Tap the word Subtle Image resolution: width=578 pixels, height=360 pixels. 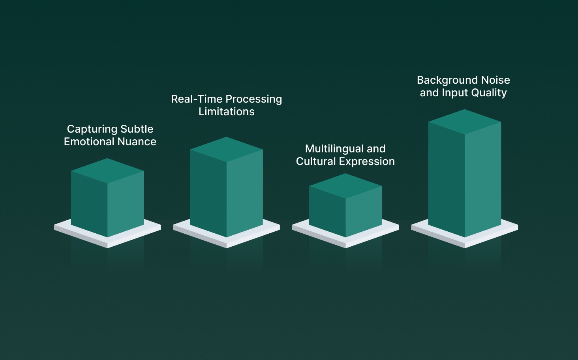[137, 129]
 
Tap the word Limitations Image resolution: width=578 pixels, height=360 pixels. [227, 112]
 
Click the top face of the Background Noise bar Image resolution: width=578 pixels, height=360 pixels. [465, 122]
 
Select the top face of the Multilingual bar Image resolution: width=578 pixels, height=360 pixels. [345, 186]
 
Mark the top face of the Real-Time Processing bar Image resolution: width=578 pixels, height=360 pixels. [226, 149]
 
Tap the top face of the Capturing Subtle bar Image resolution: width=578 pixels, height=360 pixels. [107, 171]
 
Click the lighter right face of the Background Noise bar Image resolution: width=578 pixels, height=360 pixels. [483, 178]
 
